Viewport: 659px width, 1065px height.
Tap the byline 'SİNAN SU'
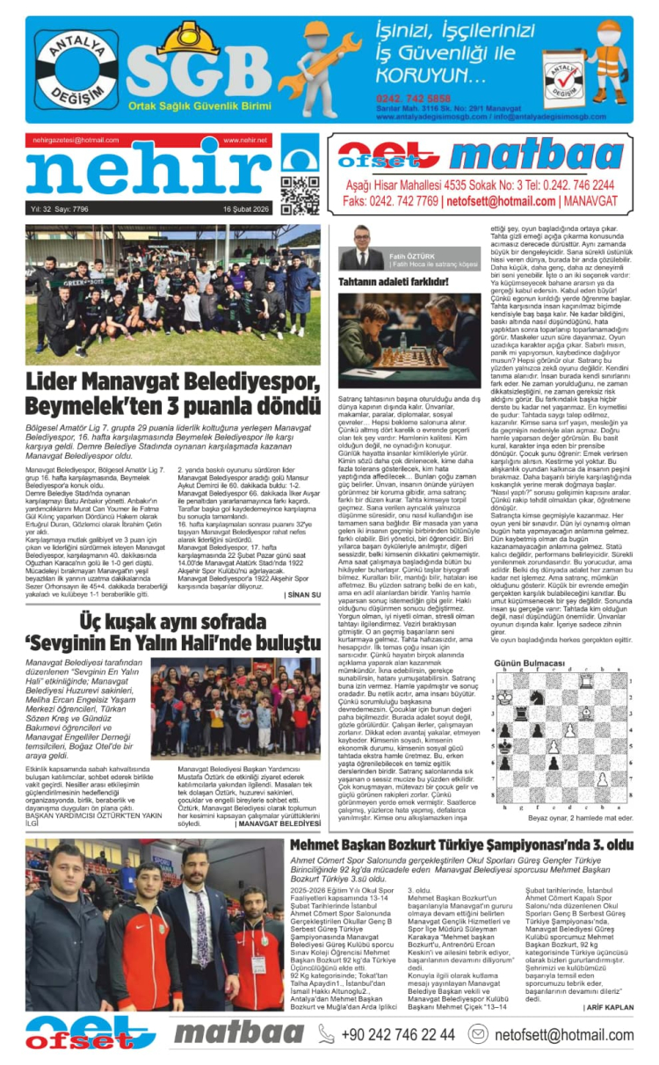coord(304,595)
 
